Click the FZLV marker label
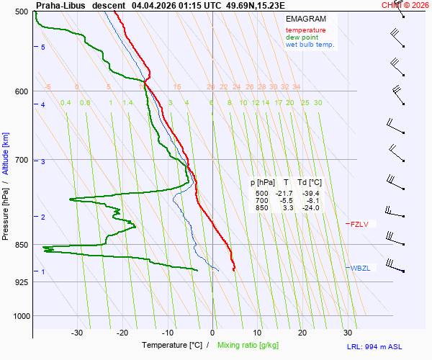point(359,225)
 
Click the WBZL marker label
point(361,269)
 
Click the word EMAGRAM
point(305,19)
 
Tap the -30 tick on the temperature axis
point(77,333)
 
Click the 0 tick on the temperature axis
point(212,333)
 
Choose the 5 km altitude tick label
point(43,47)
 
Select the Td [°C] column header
point(309,183)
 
